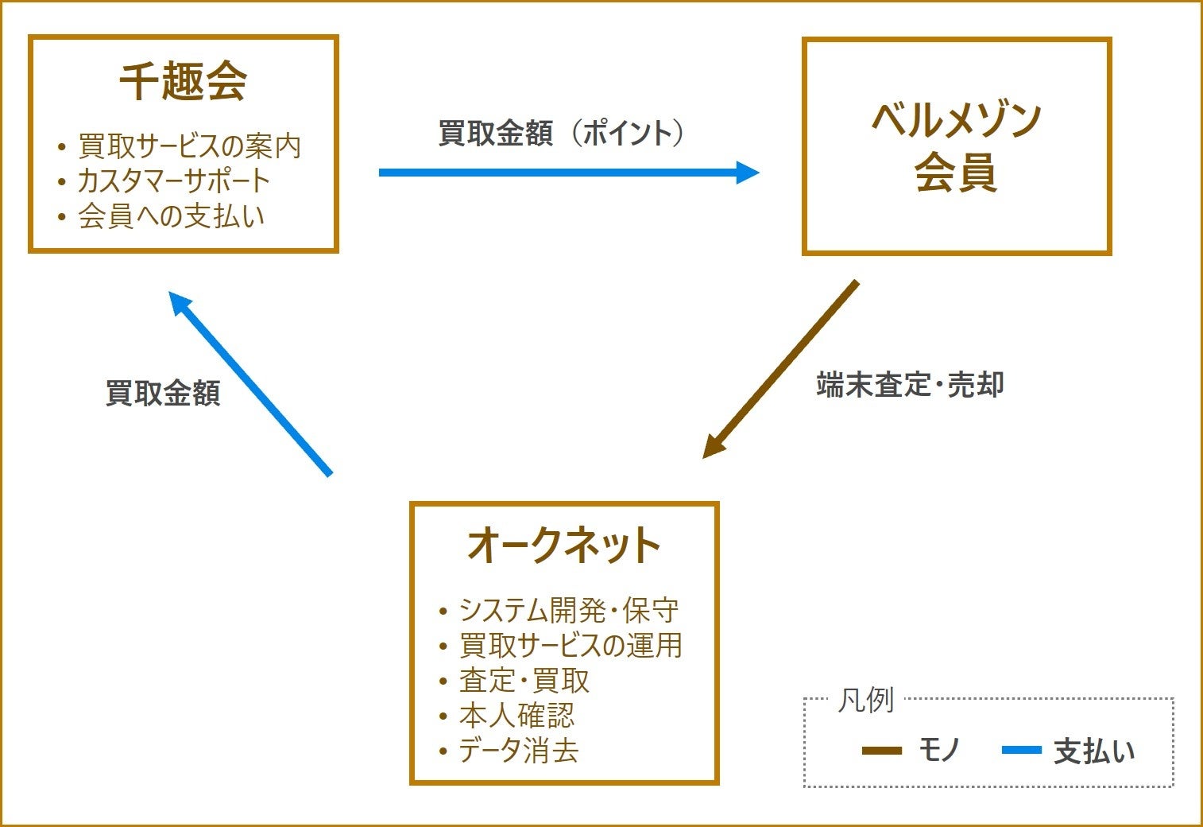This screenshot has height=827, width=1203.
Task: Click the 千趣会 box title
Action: pos(183,81)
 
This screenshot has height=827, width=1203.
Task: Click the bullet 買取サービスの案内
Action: pos(189,146)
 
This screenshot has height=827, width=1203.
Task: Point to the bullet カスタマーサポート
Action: pos(174,181)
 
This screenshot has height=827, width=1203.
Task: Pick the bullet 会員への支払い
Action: pos(171,216)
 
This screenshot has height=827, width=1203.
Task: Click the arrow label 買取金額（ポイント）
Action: pos(562,133)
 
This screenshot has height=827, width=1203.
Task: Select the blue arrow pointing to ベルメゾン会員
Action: pos(568,173)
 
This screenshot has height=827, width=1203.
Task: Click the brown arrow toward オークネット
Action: pos(780,369)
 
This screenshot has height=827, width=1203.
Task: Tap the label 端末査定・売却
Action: pos(911,385)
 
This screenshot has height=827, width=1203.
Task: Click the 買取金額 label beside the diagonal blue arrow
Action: pos(163,393)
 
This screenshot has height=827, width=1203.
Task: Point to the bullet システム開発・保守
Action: pos(569,610)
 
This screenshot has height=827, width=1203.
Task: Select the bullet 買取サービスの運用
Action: pos(571,645)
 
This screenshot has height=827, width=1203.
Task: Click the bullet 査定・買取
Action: pos(524,681)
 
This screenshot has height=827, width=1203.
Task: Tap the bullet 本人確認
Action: pos(516,716)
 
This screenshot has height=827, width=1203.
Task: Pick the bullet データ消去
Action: pos(518,751)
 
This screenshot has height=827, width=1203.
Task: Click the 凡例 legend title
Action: pos(865,701)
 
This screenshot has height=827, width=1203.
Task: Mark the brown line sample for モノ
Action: pos(882,750)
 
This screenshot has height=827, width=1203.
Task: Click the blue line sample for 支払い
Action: pos(1022,750)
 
